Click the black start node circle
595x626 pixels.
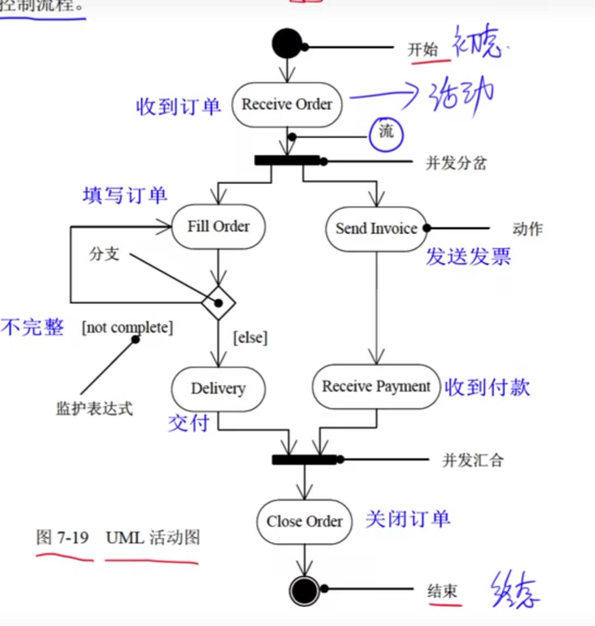coord(287,44)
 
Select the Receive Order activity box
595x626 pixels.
coord(287,105)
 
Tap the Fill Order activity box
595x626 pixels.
coord(218,227)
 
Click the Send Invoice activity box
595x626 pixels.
coord(376,229)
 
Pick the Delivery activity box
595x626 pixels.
coord(218,388)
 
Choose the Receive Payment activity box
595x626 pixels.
coord(376,387)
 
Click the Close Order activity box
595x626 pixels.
coord(304,522)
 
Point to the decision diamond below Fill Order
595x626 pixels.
coord(218,302)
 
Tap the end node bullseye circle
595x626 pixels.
coord(304,590)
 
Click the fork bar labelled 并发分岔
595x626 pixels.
coord(287,160)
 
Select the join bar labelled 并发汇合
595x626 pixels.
coord(304,460)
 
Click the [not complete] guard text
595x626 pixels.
coord(127,328)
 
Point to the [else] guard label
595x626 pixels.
coord(250,338)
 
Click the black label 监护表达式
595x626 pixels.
coord(94,409)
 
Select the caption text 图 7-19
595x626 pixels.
coord(62,538)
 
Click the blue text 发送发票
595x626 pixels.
coord(468,256)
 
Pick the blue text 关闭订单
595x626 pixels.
coord(408,519)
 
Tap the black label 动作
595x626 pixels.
coord(527,229)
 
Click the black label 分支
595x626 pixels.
coord(104,254)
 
